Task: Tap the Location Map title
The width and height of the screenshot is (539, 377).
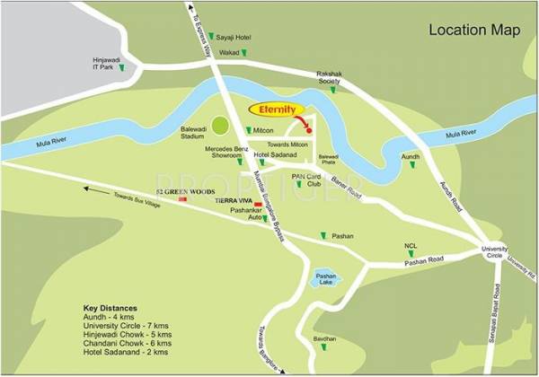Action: pos(474,30)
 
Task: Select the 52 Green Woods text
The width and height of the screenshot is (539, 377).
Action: pos(158,191)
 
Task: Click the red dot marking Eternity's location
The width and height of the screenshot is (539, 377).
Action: pos(308,131)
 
